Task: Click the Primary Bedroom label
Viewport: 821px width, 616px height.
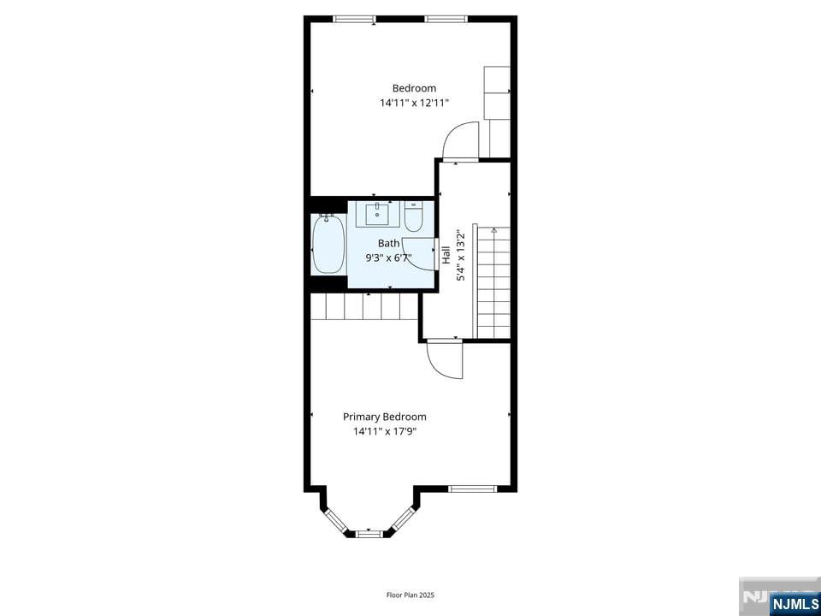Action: click(x=384, y=417)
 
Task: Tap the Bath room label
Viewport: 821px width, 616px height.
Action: click(x=388, y=243)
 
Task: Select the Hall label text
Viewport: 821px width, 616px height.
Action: click(x=446, y=255)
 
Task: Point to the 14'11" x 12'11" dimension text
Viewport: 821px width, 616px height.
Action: click(x=414, y=104)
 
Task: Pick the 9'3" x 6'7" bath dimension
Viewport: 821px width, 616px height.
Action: click(x=388, y=258)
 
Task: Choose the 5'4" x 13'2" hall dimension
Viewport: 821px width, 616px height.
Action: click(x=461, y=255)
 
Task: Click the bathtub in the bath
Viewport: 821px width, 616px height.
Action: click(x=328, y=244)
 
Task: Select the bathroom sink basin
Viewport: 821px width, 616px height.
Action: click(x=377, y=214)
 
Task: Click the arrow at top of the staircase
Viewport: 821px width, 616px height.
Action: click(x=493, y=229)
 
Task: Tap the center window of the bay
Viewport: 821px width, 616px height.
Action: click(x=369, y=534)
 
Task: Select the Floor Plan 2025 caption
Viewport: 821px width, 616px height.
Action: click(x=410, y=595)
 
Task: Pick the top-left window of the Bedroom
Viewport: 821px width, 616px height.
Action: click(x=354, y=19)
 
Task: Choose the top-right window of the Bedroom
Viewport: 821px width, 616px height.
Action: click(x=446, y=19)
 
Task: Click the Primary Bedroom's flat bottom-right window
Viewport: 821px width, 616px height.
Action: click(x=472, y=489)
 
